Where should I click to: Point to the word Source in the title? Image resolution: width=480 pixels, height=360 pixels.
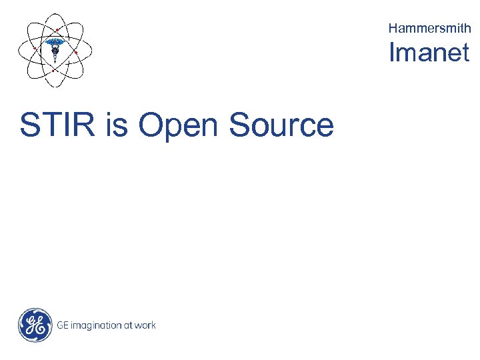click(281, 125)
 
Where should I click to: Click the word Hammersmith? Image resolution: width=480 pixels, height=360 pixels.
click(429, 28)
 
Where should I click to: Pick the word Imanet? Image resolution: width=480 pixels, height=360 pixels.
click(429, 53)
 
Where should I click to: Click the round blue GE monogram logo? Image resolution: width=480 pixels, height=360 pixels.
click(35, 325)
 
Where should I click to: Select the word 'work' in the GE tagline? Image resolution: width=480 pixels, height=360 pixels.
click(145, 325)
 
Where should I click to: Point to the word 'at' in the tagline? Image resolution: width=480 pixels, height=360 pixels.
click(127, 325)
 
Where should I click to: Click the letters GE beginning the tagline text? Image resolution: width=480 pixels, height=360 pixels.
click(63, 325)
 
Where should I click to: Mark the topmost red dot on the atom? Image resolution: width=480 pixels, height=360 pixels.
click(57, 31)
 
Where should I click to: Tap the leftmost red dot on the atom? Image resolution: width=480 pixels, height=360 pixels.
click(35, 48)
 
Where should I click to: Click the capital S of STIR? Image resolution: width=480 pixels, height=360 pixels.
click(29, 125)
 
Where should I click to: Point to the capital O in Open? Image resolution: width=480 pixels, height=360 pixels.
click(151, 125)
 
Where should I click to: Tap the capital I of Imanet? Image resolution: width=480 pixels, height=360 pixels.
click(393, 53)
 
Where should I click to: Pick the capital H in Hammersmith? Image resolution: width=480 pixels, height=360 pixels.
click(393, 28)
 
